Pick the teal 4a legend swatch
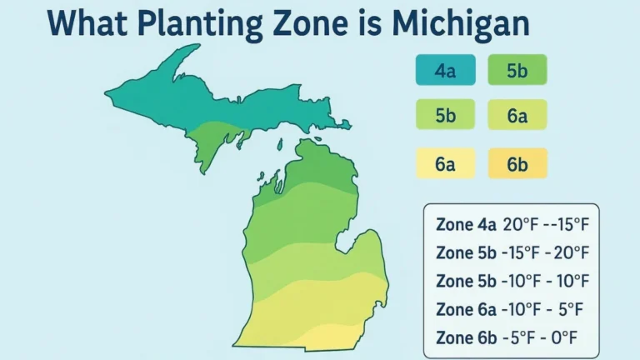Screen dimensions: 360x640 445,71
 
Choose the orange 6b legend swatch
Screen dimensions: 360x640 517,164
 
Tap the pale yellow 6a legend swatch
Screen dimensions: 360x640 445,164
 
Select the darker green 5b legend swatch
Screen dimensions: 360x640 517,71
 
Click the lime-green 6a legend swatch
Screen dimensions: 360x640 517,117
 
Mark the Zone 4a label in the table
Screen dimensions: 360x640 466,225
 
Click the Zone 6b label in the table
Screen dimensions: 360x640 466,337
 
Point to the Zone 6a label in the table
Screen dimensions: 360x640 466,309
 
